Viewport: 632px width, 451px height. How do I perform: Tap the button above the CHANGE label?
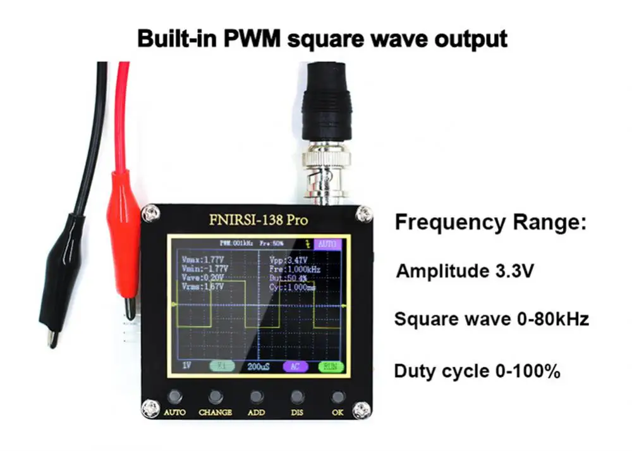click(x=216, y=397)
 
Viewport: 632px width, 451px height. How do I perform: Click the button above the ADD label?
click(x=256, y=397)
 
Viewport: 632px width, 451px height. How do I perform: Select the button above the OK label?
click(x=338, y=397)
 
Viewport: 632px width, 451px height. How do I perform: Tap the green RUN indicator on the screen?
click(x=331, y=366)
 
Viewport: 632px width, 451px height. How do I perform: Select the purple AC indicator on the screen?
click(x=295, y=366)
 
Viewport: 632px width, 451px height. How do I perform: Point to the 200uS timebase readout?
click(x=258, y=366)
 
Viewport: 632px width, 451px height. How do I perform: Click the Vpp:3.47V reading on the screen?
click(x=288, y=260)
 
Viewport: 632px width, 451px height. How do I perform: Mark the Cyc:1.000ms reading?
click(x=292, y=287)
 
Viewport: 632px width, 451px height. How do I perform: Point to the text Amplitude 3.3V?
click(x=466, y=272)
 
